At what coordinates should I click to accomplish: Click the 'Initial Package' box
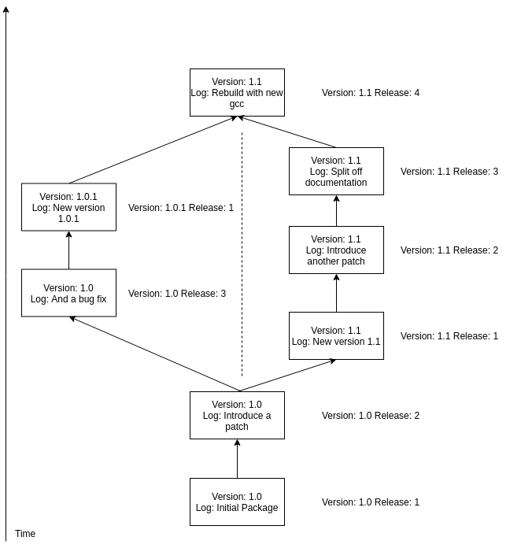[x=237, y=502]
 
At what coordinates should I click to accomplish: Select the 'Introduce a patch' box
[x=237, y=415]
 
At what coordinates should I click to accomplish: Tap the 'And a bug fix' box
[x=68, y=293]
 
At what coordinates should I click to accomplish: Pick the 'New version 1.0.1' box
[x=68, y=207]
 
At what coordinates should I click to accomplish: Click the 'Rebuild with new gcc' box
[x=237, y=92]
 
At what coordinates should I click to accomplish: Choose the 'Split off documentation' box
[x=336, y=172]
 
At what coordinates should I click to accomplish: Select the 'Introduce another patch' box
[x=336, y=250]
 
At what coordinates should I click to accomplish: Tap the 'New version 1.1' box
[x=336, y=335]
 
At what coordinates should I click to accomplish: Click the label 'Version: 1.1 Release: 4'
[x=371, y=93]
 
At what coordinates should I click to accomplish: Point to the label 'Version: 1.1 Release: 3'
[x=449, y=172]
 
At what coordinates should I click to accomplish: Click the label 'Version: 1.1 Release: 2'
[x=449, y=250]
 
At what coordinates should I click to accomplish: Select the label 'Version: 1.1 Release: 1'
[x=449, y=336]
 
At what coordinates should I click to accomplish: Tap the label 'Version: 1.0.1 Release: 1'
[x=181, y=208]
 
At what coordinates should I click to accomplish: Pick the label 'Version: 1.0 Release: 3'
[x=177, y=293]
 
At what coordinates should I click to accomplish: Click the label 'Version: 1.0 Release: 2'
[x=371, y=415]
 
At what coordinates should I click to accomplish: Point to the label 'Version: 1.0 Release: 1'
[x=371, y=502]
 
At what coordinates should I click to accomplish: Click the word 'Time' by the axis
[x=25, y=534]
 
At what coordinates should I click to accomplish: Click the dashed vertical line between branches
[x=242, y=254]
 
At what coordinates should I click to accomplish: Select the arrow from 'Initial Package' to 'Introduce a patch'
[x=237, y=458]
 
